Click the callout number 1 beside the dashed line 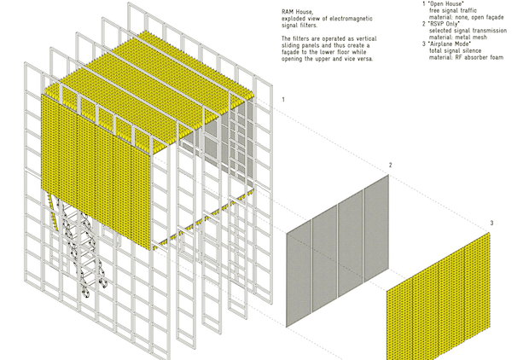click(283, 100)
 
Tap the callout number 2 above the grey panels click(390, 165)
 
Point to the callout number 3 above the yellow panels click(492, 223)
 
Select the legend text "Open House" click(445, 3)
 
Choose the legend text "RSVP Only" click(444, 24)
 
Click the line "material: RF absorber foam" click(466, 57)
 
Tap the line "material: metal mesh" click(458, 38)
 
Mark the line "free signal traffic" click(453, 10)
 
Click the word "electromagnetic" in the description click(352, 19)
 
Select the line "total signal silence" click(456, 50)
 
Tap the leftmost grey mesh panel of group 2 click(299, 273)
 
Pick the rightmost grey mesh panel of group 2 click(376, 228)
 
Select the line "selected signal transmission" click(468, 31)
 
